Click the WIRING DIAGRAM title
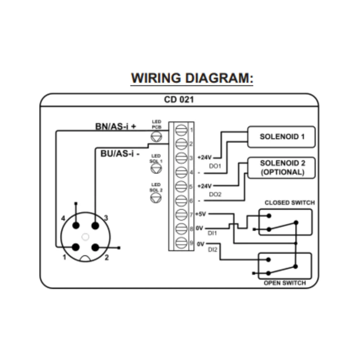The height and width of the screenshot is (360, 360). tap(192, 78)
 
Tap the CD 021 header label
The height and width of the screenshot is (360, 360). tap(179, 100)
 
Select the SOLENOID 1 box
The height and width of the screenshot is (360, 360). tap(279, 137)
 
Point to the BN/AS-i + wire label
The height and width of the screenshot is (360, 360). tap(115, 126)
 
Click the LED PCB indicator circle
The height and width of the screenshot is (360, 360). tap(156, 135)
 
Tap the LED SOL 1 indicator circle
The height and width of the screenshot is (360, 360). tap(156, 168)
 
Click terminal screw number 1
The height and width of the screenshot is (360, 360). tap(181, 129)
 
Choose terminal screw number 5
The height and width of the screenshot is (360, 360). tap(181, 186)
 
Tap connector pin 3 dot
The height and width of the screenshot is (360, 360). tap(95, 225)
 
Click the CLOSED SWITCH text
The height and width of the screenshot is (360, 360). tap(289, 203)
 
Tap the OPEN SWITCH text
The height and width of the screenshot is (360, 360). tap(284, 283)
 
